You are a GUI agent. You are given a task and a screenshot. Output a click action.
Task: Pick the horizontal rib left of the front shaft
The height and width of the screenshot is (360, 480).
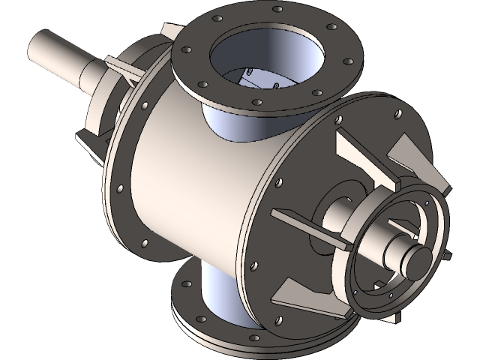pyautogui.click(x=300, y=225)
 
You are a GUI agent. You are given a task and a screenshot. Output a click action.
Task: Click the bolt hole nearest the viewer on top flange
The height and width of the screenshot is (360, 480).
pyautogui.click(x=256, y=102)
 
